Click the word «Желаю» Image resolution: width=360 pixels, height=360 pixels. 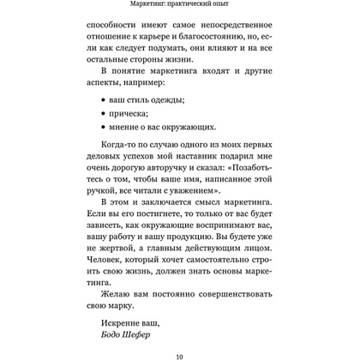tap(109, 358)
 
